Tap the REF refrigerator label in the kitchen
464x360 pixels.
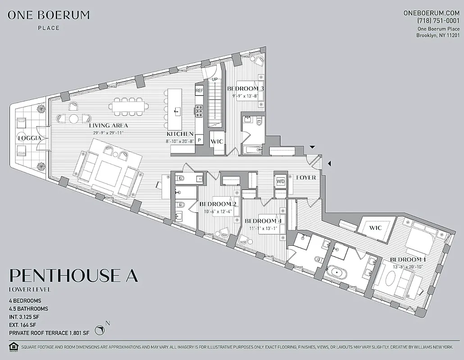coord(199,91)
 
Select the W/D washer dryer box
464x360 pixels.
coord(280,181)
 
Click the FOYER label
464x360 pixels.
coord(305,178)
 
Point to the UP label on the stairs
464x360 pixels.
coord(215,80)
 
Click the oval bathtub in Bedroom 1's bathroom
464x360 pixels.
coord(335,273)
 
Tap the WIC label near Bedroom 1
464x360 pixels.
coord(375,228)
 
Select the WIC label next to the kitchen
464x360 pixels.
coord(217,142)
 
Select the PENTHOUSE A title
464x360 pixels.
coord(73,275)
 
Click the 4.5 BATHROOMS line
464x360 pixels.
coord(28,309)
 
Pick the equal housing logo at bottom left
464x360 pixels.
coord(13,346)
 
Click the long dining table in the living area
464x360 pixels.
coord(128,107)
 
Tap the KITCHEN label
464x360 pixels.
coord(180,134)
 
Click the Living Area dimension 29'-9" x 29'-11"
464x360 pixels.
coord(108,133)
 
